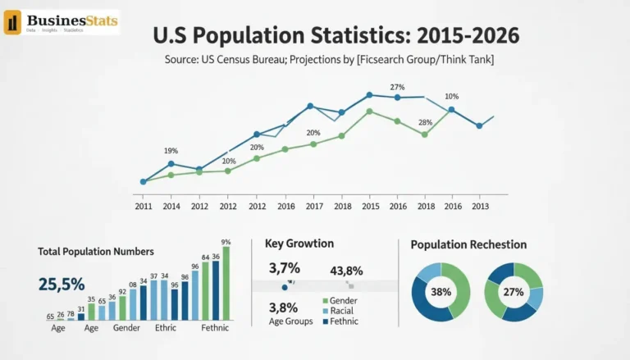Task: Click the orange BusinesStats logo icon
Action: coord(13,23)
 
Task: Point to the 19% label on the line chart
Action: coord(171,150)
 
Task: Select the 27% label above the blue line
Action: coord(397,87)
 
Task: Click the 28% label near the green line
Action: coord(425,122)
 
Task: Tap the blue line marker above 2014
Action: coord(171,164)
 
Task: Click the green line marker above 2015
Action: coord(370,111)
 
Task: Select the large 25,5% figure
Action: coord(62,284)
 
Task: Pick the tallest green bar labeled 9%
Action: coord(226,282)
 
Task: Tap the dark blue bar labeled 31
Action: coord(81,316)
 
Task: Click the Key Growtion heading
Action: coord(299,244)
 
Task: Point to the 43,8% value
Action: coord(346,271)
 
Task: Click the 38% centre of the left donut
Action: coord(442,291)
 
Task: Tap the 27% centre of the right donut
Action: coord(514,291)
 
